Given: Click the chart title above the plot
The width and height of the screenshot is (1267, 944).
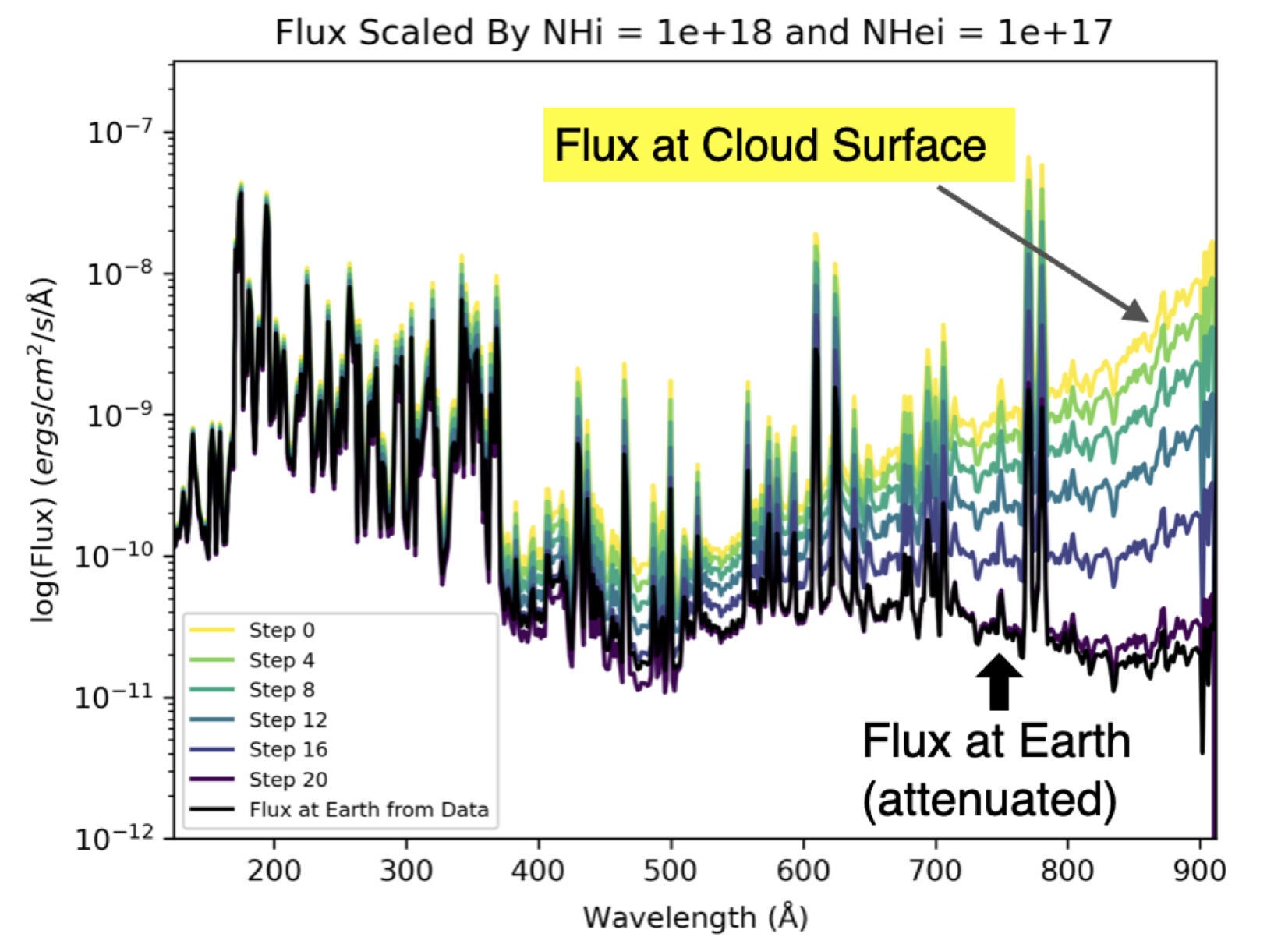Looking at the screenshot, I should [693, 33].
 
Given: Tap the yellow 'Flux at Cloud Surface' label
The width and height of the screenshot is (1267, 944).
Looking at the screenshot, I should [770, 145].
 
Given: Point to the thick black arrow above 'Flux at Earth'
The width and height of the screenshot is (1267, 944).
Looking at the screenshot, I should [999, 681].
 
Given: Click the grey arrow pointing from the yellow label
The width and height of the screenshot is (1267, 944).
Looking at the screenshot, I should [1042, 253].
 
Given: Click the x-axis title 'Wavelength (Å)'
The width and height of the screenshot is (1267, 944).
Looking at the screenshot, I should [695, 917].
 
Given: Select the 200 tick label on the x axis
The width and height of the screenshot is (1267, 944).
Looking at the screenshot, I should [274, 870].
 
